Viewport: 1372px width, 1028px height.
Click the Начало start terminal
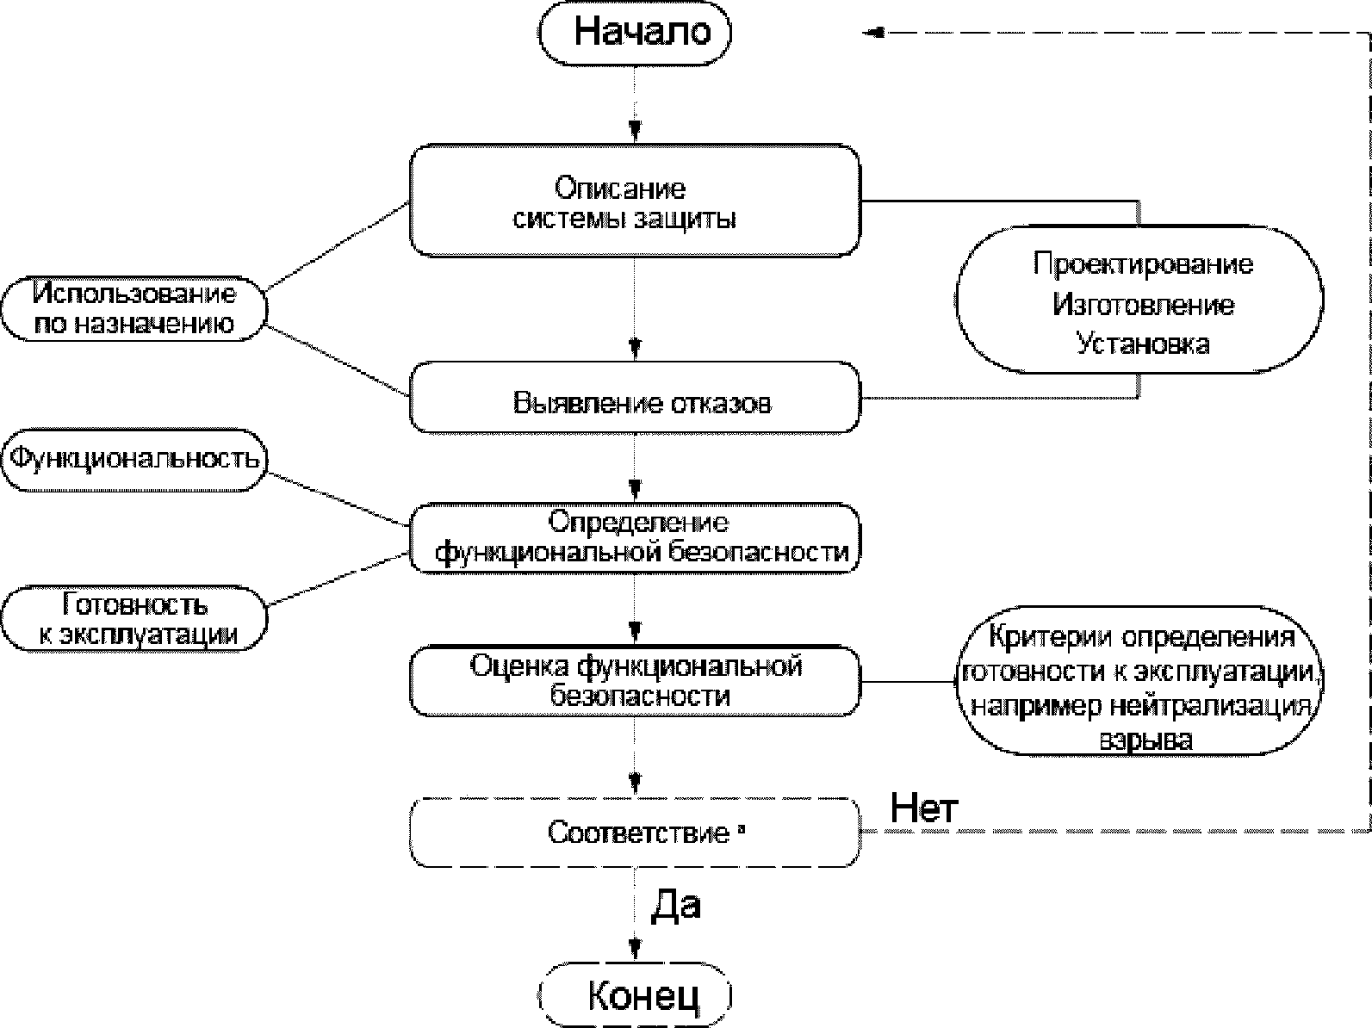point(636,33)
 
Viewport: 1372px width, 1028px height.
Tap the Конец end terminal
point(636,995)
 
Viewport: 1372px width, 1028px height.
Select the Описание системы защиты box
point(635,201)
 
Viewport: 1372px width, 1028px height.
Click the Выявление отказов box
point(635,398)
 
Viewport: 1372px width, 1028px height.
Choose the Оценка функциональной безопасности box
point(635,681)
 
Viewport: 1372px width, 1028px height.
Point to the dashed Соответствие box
point(635,833)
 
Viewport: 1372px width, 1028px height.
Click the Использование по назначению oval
point(133,309)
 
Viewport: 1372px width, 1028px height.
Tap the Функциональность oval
point(133,460)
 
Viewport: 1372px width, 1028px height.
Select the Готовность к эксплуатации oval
point(133,619)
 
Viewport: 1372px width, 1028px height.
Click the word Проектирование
point(1143,263)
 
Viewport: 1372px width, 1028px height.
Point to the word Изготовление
point(1143,305)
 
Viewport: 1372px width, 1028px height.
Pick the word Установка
point(1143,344)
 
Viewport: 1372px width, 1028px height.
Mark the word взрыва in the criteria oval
point(1145,740)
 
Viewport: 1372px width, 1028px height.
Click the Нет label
point(923,808)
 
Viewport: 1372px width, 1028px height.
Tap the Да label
point(675,904)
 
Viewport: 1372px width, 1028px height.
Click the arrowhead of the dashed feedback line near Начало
point(874,33)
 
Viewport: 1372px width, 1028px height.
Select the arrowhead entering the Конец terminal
point(636,948)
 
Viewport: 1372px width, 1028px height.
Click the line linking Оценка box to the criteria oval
point(909,681)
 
